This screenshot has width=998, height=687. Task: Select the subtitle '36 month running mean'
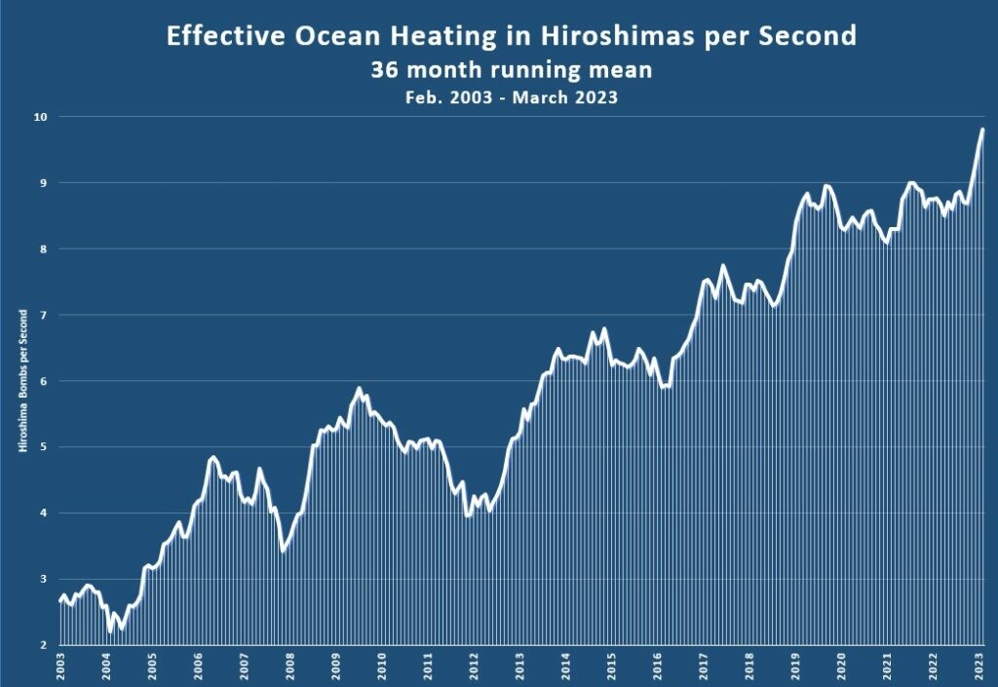pos(511,70)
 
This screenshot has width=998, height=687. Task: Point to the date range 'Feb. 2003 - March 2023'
pos(511,97)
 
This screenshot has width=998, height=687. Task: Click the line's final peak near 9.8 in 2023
pos(982,130)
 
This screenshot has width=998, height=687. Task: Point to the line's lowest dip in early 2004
pos(110,631)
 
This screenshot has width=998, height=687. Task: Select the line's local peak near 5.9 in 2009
pos(359,388)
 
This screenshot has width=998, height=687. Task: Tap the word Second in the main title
pos(811,36)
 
